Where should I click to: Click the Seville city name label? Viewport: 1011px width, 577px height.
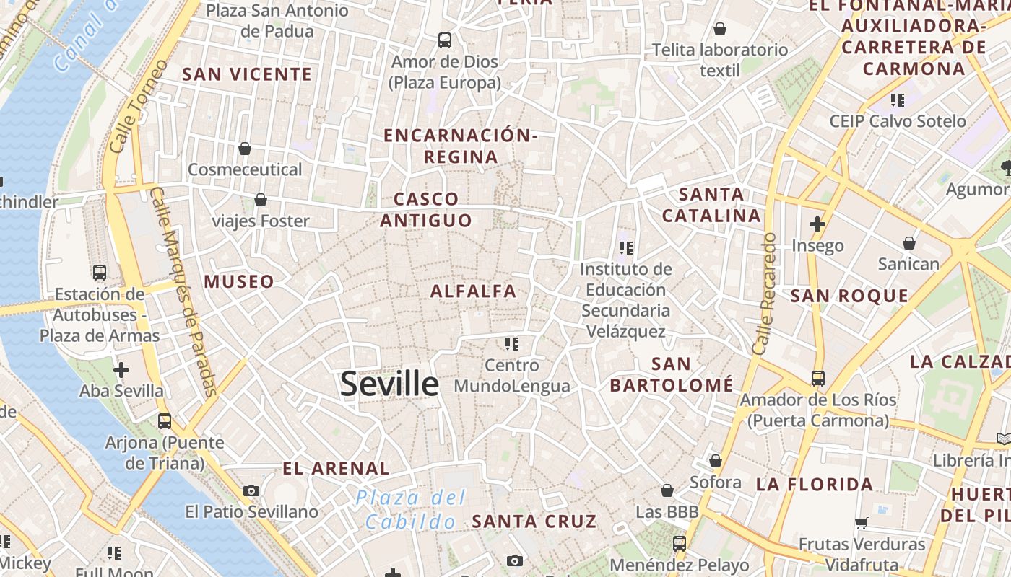point(389,384)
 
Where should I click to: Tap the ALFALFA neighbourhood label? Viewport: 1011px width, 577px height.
point(474,291)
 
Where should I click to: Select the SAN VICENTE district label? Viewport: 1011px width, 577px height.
point(247,74)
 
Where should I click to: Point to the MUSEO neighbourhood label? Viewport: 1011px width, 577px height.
point(239,281)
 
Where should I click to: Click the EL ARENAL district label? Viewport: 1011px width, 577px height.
point(336,468)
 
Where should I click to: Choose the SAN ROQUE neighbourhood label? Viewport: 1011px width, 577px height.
point(849,296)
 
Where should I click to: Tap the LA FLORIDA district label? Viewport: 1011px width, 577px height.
point(815,484)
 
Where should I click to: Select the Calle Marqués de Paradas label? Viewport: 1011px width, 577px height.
point(185,292)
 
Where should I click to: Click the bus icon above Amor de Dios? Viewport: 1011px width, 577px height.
point(445,40)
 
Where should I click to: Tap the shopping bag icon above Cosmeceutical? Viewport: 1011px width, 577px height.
point(245,149)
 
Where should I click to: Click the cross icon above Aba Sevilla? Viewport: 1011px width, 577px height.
point(121,370)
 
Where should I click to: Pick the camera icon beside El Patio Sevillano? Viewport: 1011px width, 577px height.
point(251,491)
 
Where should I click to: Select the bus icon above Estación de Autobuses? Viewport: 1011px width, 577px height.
point(100,273)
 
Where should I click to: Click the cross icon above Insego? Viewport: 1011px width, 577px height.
point(817,224)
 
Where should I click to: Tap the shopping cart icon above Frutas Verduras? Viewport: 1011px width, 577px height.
point(861,523)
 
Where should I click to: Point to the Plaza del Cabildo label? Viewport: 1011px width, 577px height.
point(411,509)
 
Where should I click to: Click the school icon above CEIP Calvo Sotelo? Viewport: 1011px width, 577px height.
point(898,100)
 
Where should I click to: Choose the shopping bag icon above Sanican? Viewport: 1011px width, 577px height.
point(909,243)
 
